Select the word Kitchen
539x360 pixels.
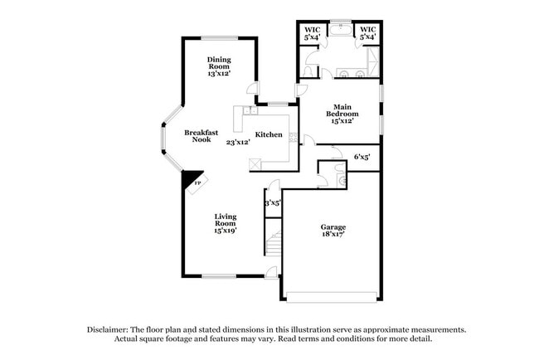[269, 135]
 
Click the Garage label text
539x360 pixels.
[333, 226]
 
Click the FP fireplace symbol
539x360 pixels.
[196, 184]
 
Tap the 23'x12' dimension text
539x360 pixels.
[238, 142]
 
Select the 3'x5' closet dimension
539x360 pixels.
[273, 202]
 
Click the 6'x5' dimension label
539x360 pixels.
[362, 156]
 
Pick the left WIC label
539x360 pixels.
[312, 34]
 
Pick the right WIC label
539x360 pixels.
[367, 34]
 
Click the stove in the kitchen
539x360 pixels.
[256, 163]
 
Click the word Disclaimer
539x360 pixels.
[111, 329]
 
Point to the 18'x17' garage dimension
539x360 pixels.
[333, 235]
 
